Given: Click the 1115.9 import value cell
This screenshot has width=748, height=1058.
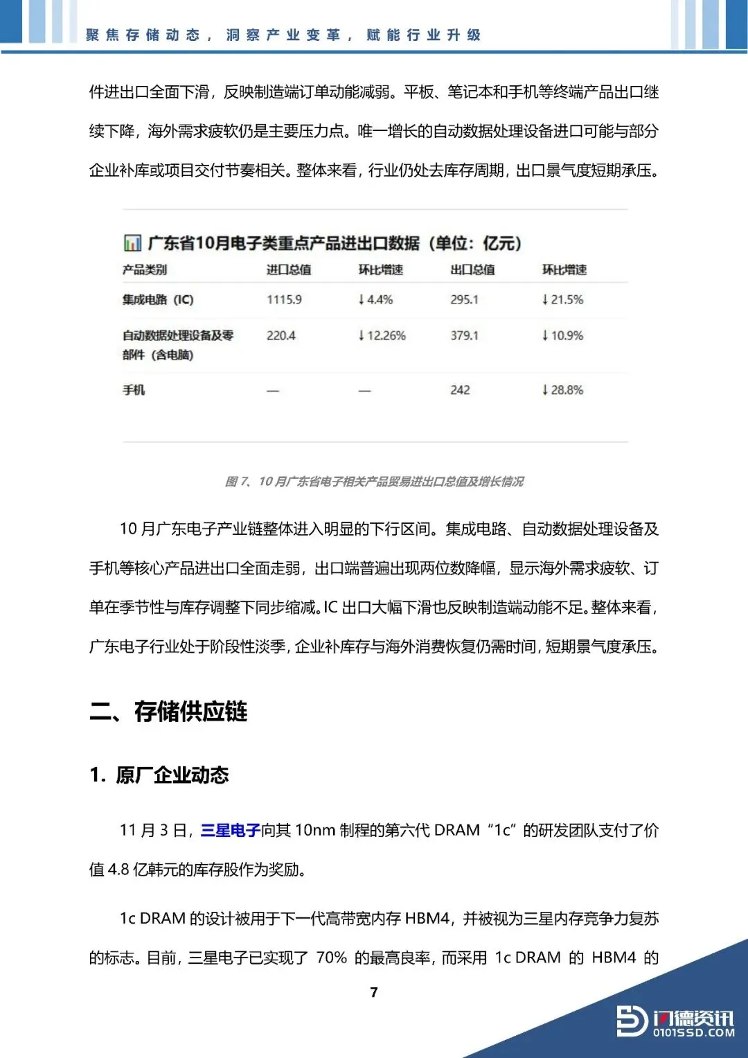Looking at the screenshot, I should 284,299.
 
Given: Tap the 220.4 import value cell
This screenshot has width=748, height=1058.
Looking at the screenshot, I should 280,335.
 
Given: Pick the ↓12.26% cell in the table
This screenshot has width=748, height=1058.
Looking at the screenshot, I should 382,335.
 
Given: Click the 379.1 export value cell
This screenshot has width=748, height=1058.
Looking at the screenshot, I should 464,335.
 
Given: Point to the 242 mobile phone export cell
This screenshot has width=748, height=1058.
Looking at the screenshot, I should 460,390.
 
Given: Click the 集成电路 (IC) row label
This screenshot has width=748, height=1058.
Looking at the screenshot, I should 158,299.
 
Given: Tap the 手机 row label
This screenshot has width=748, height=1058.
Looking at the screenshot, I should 134,390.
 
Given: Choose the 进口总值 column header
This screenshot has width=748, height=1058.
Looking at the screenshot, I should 289,270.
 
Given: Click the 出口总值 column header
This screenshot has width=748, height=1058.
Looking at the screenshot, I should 472,270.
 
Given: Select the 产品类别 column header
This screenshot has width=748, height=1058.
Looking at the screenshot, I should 145,270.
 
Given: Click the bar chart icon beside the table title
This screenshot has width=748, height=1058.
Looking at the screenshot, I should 132,243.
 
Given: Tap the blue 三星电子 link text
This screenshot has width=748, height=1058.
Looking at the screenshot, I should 230,830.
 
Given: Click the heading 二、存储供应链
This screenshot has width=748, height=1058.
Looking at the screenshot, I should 168,712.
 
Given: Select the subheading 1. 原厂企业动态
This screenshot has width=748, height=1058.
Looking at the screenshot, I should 159,775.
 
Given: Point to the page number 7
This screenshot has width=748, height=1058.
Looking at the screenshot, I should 374,992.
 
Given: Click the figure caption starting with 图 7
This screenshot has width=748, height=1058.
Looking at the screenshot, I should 374,482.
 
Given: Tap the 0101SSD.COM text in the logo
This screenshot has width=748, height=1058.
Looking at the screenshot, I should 693,1032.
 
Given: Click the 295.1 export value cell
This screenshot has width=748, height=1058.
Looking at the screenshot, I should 464,299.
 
